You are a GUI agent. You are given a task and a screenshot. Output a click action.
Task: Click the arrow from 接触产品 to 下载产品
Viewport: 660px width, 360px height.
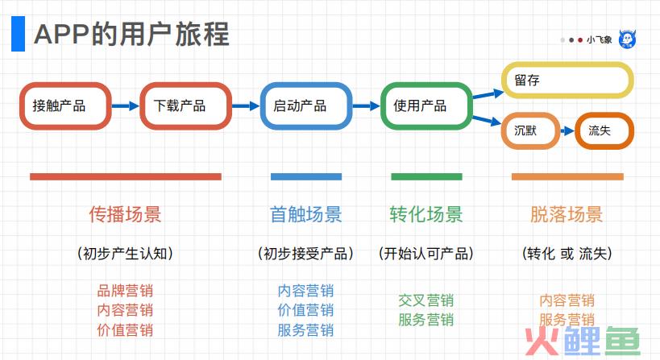[126, 106]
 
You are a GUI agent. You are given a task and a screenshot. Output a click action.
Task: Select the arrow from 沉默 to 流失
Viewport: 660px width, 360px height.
[567, 130]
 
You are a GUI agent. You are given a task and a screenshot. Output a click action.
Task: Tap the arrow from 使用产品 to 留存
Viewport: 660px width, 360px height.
[488, 93]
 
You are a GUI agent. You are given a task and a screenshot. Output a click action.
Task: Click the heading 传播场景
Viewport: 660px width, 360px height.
[125, 214]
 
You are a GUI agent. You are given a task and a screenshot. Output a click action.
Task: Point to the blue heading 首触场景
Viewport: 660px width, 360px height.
[306, 214]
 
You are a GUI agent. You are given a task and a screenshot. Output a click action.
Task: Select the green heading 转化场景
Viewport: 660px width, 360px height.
[426, 214]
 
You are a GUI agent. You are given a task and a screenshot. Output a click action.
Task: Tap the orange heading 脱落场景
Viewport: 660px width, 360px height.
[567, 214]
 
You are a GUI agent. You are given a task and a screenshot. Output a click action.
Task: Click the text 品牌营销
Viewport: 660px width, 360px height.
[125, 291]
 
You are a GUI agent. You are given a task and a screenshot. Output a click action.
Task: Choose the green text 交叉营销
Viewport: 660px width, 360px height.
[426, 300]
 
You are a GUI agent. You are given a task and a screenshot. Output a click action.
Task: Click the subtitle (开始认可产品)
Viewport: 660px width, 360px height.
[426, 253]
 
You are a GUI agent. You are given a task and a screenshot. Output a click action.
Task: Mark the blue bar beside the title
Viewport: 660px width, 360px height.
[18, 34]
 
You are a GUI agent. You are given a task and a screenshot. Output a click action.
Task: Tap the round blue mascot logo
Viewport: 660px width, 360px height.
[627, 39]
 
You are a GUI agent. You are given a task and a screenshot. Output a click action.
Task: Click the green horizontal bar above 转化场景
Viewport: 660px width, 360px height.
[426, 176]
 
